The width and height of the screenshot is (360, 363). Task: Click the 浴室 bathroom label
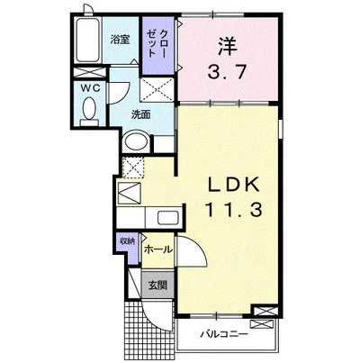tap(120, 40)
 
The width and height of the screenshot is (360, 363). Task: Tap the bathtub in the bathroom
tap(86, 40)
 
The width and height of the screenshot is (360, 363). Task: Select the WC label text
tap(90, 88)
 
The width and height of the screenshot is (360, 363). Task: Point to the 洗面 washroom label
tap(141, 114)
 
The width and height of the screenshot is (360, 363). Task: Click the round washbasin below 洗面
tap(137, 141)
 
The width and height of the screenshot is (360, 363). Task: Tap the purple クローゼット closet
tap(158, 45)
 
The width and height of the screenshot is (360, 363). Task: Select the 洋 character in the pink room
tap(227, 46)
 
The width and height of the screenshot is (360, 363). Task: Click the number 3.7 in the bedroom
tap(227, 72)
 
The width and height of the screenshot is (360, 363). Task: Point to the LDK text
tap(234, 186)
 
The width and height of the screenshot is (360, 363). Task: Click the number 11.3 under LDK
tap(233, 210)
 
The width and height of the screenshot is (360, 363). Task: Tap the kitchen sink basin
tap(168, 217)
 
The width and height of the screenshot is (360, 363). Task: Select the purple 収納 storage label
tap(127, 240)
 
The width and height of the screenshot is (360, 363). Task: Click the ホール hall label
tap(158, 249)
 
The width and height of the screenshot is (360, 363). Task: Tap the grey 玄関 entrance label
tap(157, 285)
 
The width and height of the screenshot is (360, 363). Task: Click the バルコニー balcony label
tap(224, 333)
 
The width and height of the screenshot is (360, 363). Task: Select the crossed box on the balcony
tap(262, 324)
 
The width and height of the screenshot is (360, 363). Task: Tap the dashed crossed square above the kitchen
tap(134, 168)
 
